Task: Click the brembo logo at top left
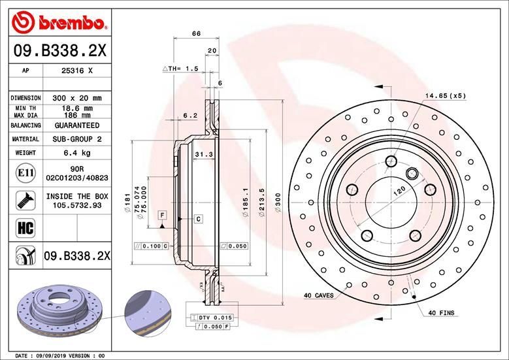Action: point(59,23)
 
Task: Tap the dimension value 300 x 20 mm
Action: point(76,98)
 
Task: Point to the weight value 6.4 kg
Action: point(76,153)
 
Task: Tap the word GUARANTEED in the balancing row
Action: point(76,125)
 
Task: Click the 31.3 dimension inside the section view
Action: point(203,154)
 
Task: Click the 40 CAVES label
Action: point(318,295)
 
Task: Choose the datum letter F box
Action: point(161,215)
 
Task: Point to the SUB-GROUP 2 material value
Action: point(76,139)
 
